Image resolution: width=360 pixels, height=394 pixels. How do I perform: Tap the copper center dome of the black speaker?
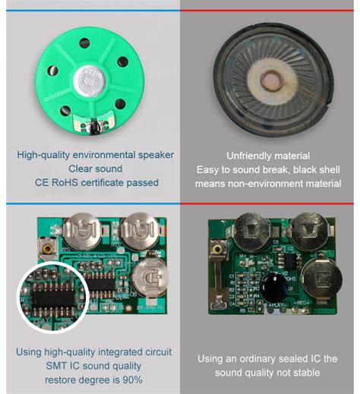pyautogui.click(x=270, y=80)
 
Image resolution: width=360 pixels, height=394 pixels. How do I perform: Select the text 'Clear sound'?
pyautogui.click(x=96, y=169)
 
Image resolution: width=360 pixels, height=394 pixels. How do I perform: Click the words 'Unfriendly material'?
pyautogui.click(x=270, y=156)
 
